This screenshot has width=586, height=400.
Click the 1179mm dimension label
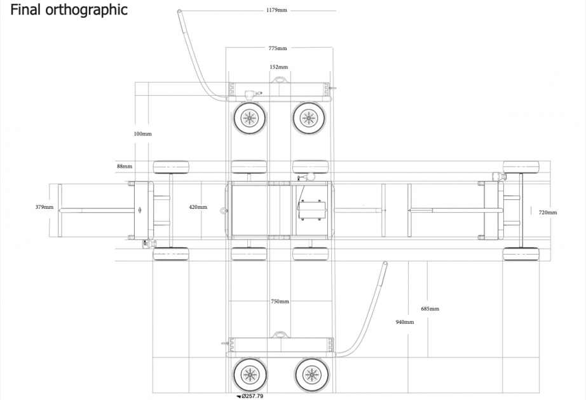pos(276,10)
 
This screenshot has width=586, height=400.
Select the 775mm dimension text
pos(278,48)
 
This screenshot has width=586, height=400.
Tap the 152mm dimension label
pos(278,67)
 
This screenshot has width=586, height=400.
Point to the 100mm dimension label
pos(143,134)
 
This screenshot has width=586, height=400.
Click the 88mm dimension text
pos(125,166)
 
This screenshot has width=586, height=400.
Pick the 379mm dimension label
pos(44,207)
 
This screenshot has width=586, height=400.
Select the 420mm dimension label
pos(198,207)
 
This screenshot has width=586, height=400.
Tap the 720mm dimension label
pos(547,212)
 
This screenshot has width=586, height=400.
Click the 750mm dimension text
pos(280,301)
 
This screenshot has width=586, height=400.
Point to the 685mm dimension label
pos(430,309)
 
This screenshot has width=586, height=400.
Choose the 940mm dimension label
pos(405,322)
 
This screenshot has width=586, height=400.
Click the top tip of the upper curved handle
pos(179,11)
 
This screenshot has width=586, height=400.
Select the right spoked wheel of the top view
pos(310,117)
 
